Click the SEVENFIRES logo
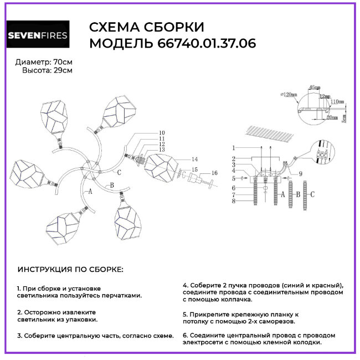38,36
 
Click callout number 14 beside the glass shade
194,160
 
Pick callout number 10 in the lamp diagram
162,133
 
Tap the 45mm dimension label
314,88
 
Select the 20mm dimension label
332,117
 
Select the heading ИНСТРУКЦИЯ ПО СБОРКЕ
71,269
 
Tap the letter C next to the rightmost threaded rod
312,194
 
